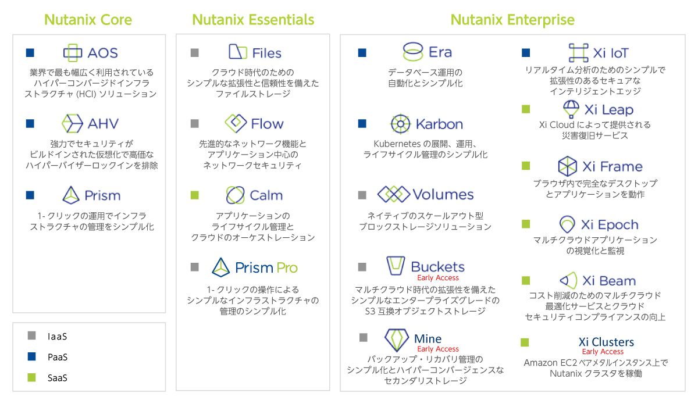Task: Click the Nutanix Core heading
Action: click(x=88, y=20)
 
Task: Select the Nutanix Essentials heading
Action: click(x=253, y=20)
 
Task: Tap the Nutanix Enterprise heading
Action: click(x=512, y=20)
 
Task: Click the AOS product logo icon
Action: click(x=73, y=53)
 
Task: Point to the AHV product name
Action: click(x=103, y=123)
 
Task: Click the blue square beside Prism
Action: click(x=30, y=195)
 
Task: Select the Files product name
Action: click(x=267, y=53)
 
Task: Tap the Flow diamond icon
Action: click(x=236, y=123)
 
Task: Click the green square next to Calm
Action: click(x=195, y=195)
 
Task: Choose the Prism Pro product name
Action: click(x=266, y=268)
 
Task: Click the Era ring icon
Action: click(x=412, y=52)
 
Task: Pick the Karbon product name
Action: click(x=439, y=124)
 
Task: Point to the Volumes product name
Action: click(x=443, y=194)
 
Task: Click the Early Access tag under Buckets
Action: click(x=438, y=278)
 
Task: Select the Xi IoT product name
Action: click(x=611, y=53)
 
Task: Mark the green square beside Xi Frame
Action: click(x=526, y=166)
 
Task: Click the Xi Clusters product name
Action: click(x=606, y=342)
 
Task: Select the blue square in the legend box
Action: click(x=32, y=356)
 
